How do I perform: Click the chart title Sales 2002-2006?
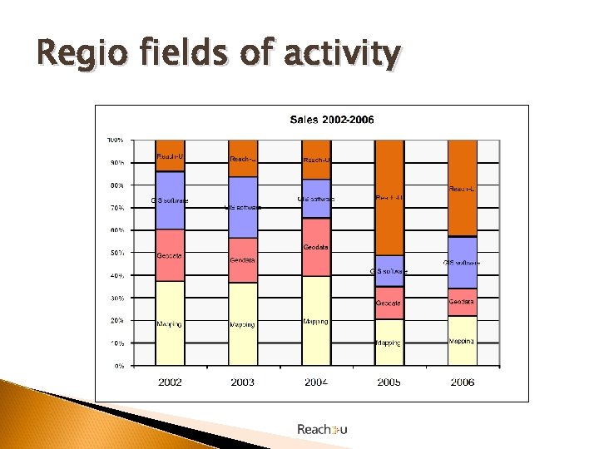331,120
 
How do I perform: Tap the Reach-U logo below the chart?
322,429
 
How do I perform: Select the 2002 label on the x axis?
170,382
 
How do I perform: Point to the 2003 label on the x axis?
243,382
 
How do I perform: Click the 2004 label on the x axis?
315,382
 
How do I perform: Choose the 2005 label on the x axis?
389,382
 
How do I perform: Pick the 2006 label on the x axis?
462,382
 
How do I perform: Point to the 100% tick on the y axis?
115,139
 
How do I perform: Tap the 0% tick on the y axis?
118,365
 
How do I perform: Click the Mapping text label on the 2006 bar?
462,341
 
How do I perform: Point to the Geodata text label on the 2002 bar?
170,255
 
